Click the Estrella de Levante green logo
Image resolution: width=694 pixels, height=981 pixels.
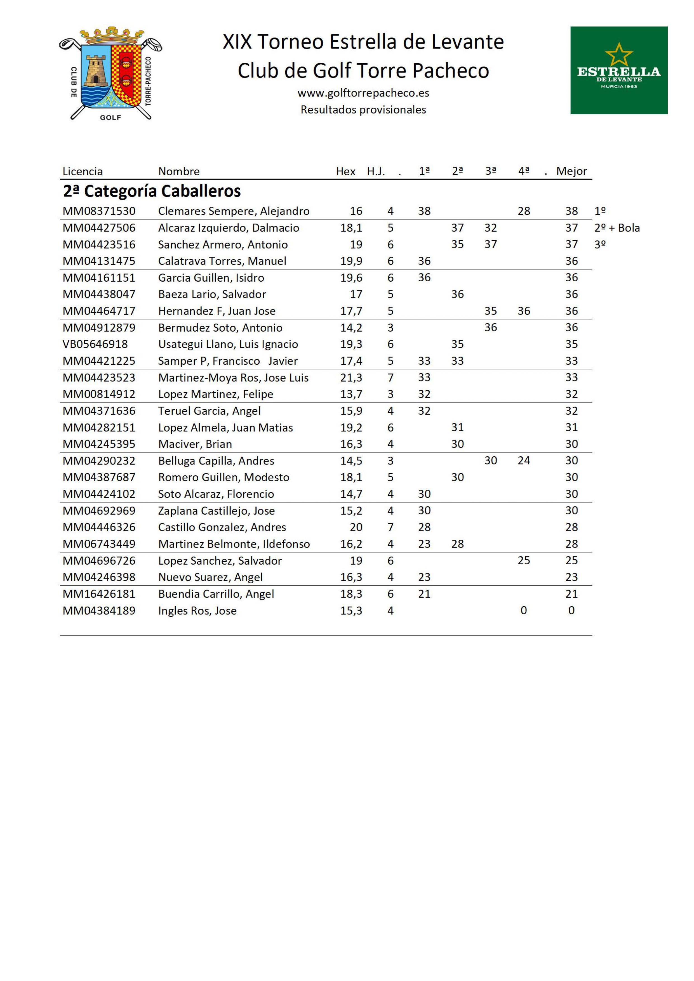tap(618, 70)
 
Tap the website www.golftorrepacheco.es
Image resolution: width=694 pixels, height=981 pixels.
tap(363, 93)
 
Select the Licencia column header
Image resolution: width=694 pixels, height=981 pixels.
tap(83, 171)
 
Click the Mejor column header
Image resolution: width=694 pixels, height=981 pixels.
tap(571, 171)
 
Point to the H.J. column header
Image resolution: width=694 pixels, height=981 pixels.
tap(376, 171)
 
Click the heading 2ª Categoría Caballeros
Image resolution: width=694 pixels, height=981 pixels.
tap(152, 191)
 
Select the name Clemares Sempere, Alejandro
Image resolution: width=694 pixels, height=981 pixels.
tap(234, 211)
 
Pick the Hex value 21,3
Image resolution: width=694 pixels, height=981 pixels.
tap(351, 378)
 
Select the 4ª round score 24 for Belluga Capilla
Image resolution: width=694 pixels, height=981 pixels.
tap(524, 461)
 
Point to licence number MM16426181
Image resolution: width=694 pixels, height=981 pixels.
tap(99, 594)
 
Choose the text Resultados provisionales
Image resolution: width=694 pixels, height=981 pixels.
tap(363, 110)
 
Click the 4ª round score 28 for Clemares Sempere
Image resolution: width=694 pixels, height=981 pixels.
tap(524, 211)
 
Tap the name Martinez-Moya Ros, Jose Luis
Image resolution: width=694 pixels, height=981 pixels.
tap(233, 378)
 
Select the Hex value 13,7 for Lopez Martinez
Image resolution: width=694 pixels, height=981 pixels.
tap(351, 394)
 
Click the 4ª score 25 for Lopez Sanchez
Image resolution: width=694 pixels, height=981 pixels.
tap(524, 561)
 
